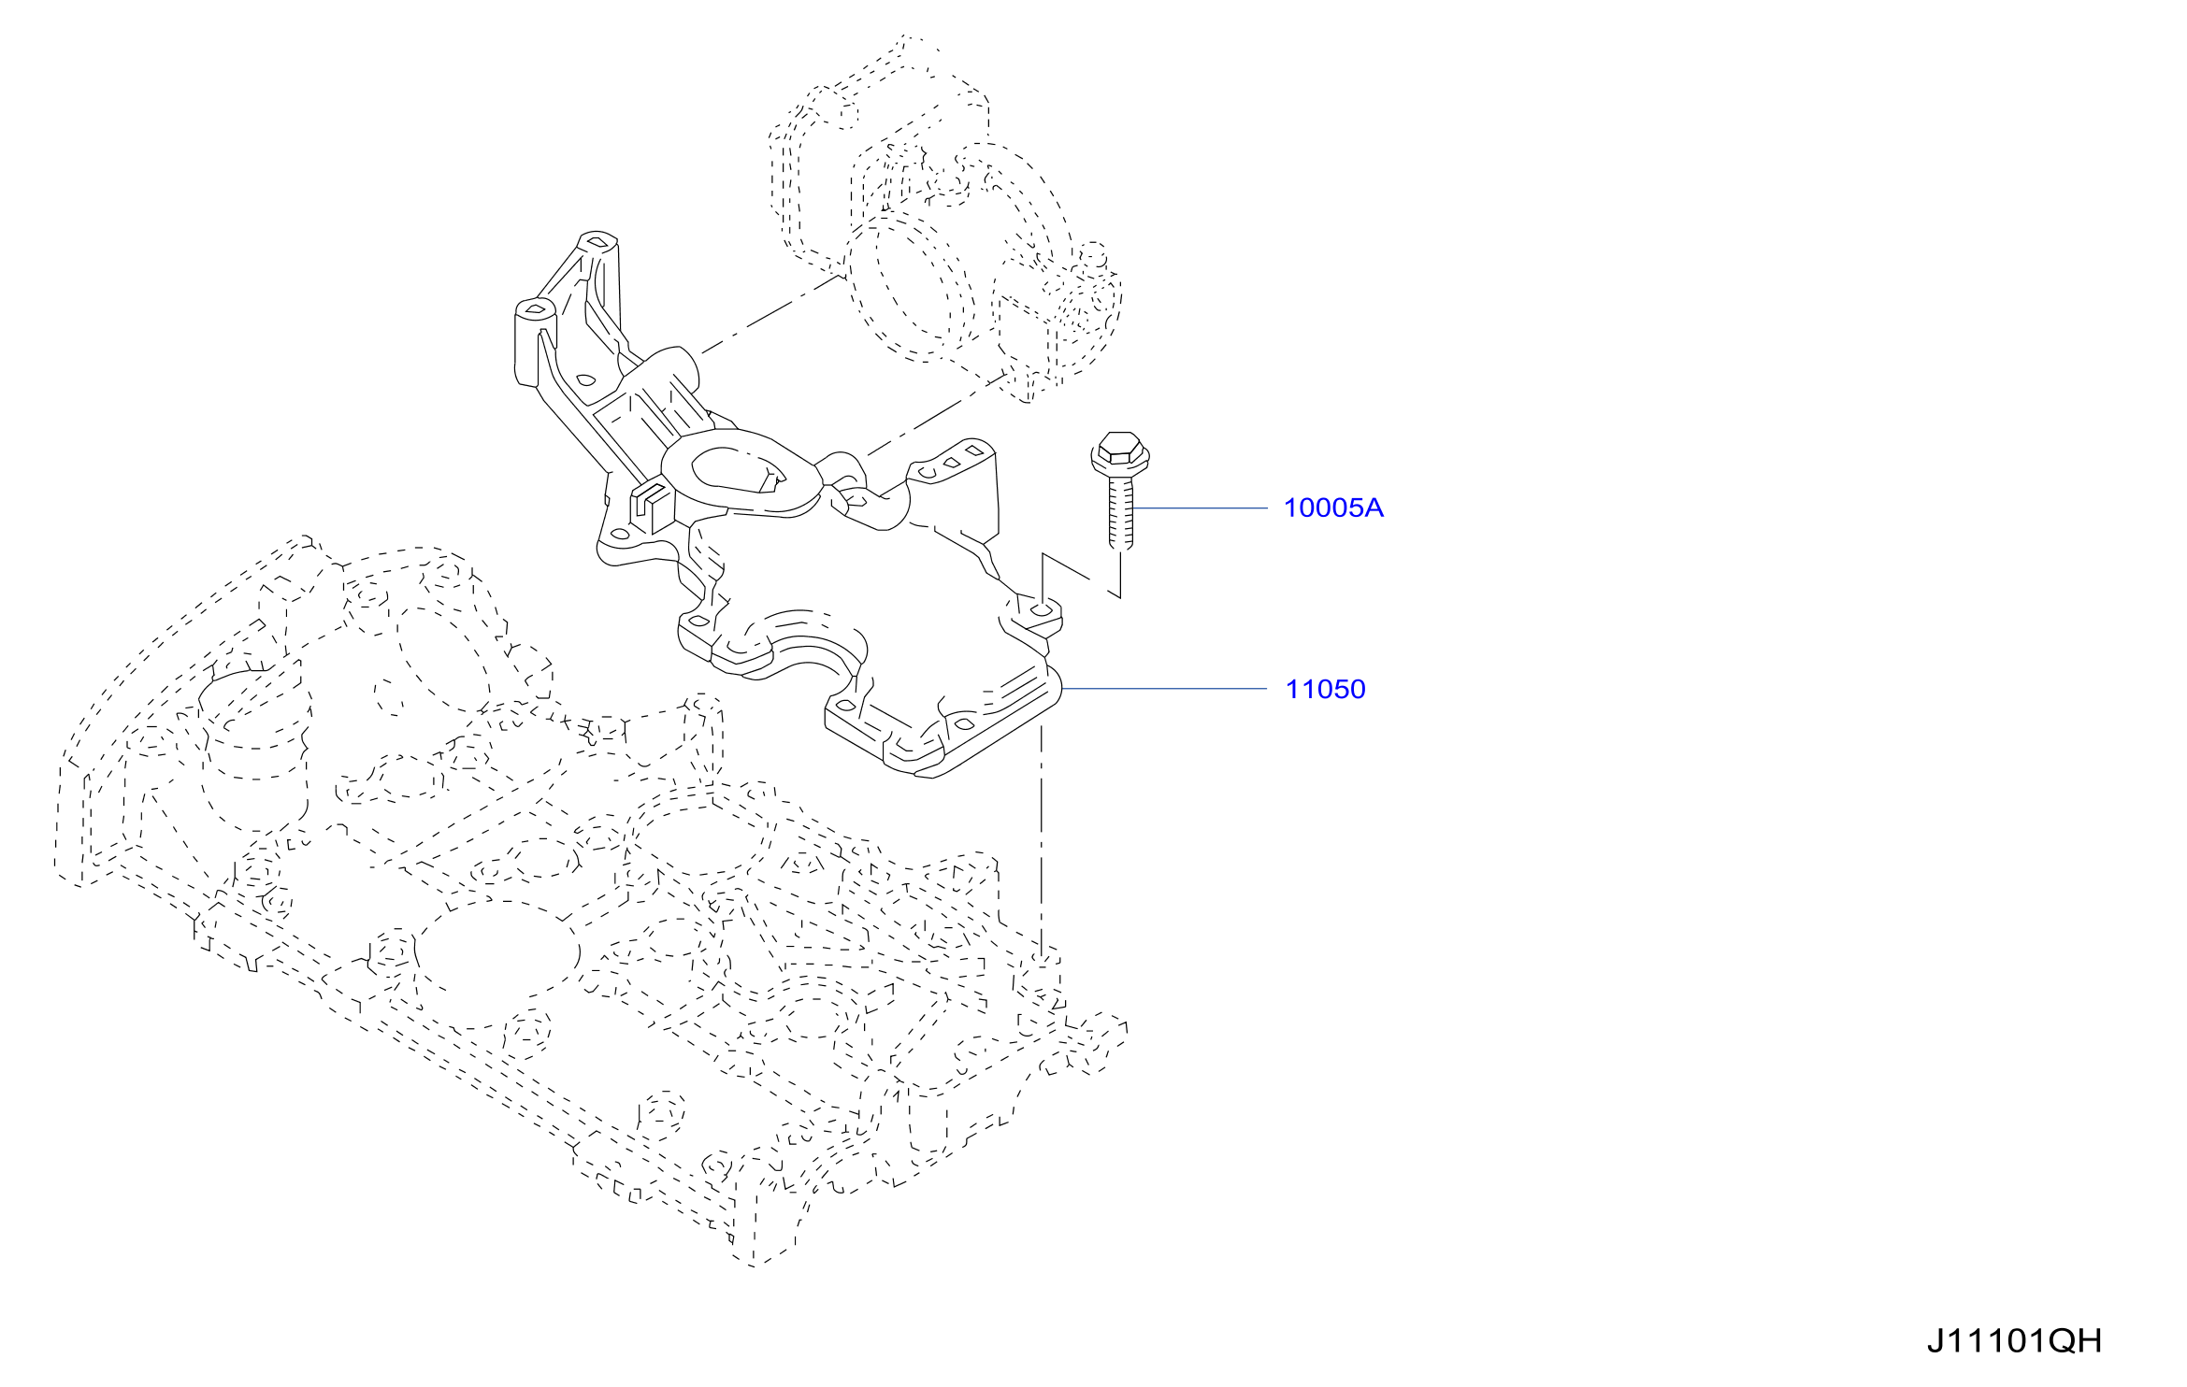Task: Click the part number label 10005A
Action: click(1332, 508)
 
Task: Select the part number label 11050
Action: click(1325, 689)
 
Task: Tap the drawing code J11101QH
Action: click(2014, 1341)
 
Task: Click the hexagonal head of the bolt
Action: click(1120, 452)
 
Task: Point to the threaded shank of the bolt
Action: click(1121, 513)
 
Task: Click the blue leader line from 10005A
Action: click(1201, 508)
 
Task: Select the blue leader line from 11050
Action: click(1164, 689)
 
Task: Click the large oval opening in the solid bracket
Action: click(738, 469)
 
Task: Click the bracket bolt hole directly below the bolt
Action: click(1040, 611)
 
